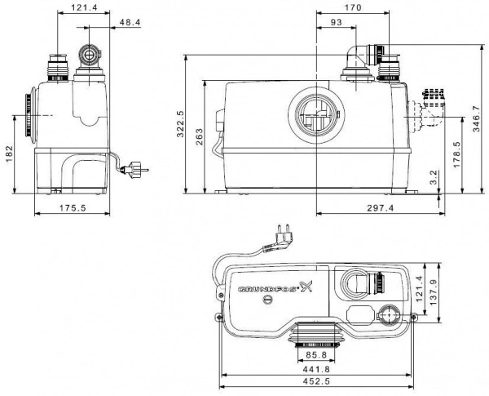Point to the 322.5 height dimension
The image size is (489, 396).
pyautogui.click(x=181, y=124)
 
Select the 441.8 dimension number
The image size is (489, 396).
pyautogui.click(x=315, y=369)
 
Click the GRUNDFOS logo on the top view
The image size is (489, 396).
pyautogui.click(x=274, y=287)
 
